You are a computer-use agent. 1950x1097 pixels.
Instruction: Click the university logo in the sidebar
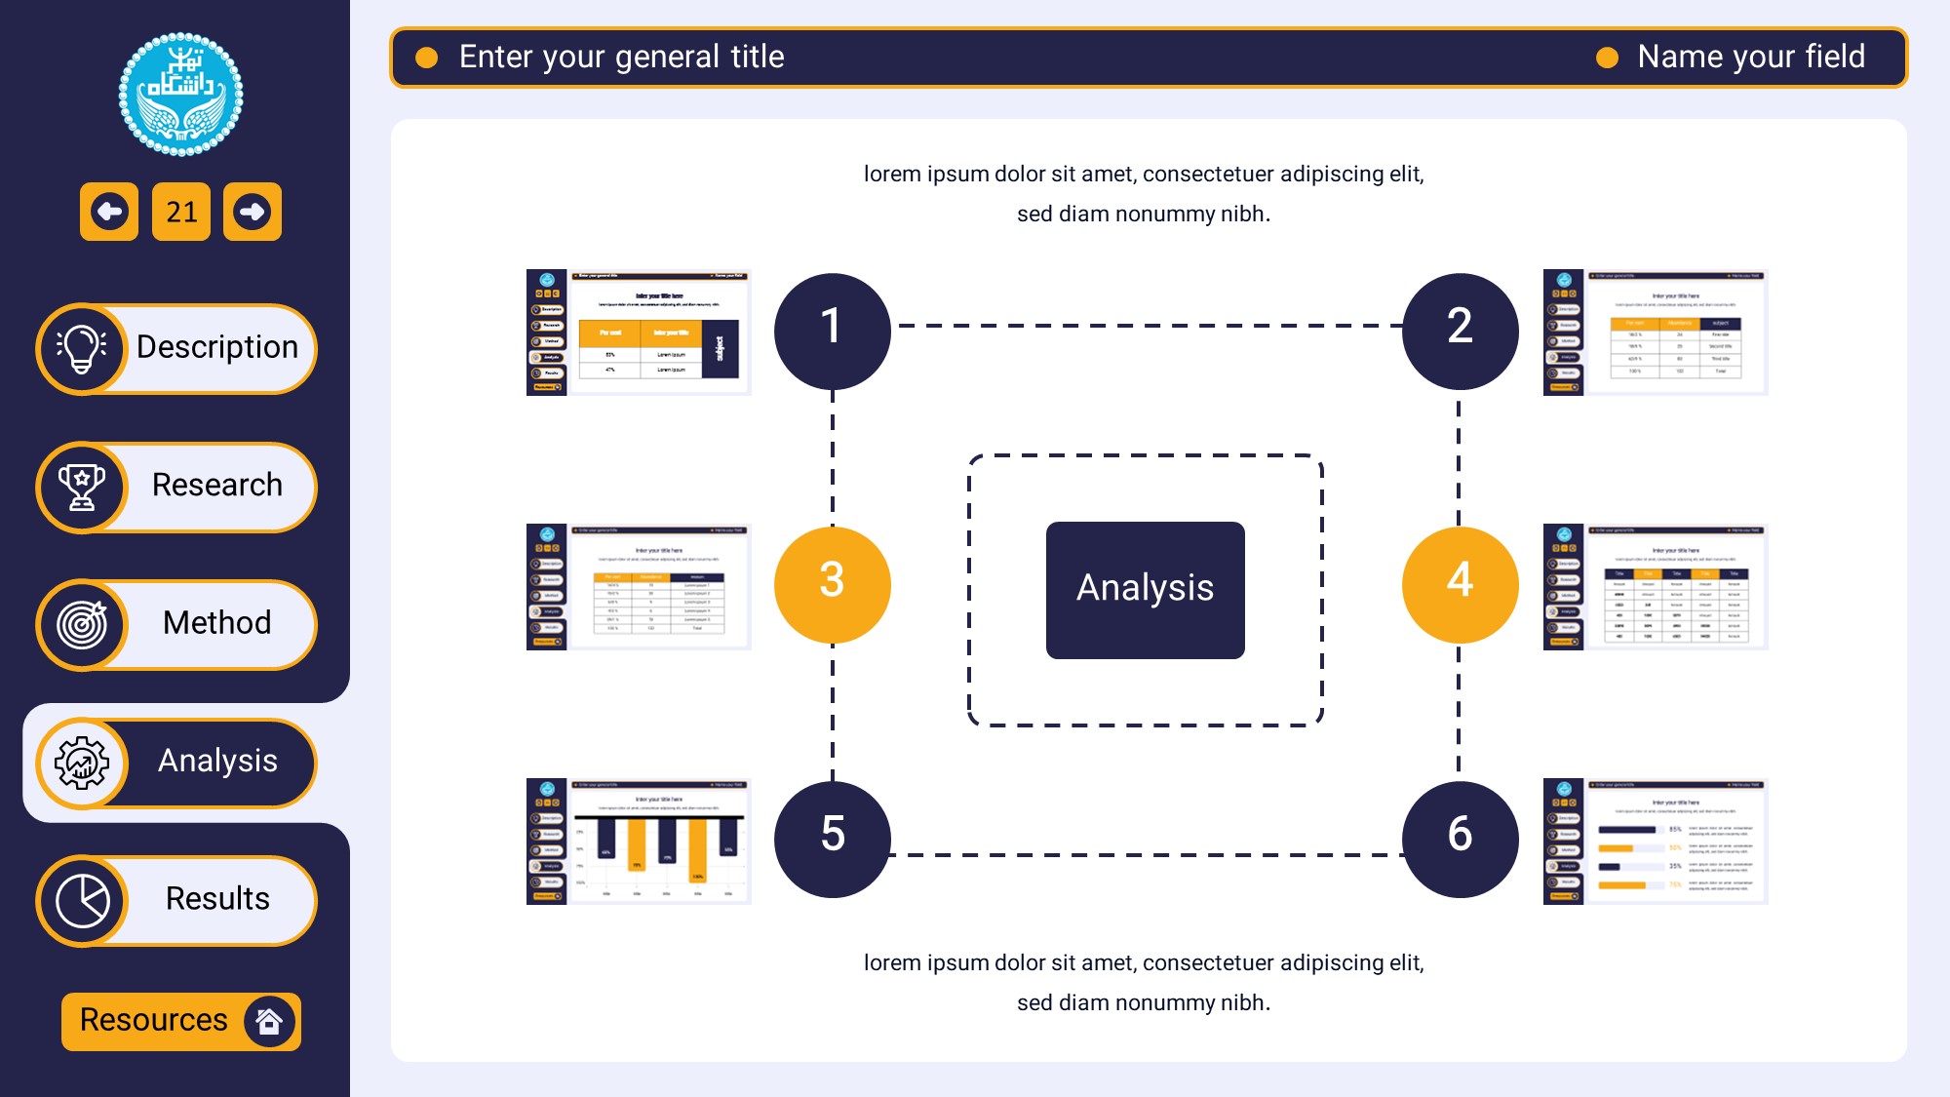click(x=180, y=95)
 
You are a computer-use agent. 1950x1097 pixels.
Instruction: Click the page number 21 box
click(x=181, y=212)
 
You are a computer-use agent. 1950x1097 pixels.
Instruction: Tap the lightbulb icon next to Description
click(x=82, y=348)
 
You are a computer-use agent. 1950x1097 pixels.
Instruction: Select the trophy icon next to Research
click(x=82, y=487)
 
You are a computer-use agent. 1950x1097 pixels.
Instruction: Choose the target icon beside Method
click(x=82, y=624)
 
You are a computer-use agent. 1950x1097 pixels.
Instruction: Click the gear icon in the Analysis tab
click(x=82, y=763)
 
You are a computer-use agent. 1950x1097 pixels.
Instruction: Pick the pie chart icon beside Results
click(x=82, y=900)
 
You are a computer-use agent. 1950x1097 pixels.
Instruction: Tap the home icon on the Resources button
click(x=269, y=1021)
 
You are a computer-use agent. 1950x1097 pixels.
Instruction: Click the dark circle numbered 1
click(x=832, y=331)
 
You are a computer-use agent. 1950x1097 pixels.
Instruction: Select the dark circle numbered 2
click(x=1460, y=331)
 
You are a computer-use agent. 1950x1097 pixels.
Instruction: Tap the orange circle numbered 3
click(x=832, y=584)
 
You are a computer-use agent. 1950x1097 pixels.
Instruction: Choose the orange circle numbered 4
click(x=1460, y=584)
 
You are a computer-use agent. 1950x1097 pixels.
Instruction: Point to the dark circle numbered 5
click(x=832, y=839)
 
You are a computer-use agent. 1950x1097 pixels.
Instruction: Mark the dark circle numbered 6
click(x=1460, y=839)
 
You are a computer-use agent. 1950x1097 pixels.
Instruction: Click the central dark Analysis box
click(x=1145, y=590)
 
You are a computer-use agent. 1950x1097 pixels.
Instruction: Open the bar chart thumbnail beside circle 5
click(x=639, y=842)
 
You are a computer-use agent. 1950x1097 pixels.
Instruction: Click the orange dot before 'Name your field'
click(x=1607, y=59)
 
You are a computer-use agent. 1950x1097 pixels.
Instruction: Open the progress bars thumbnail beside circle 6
click(x=1656, y=842)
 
